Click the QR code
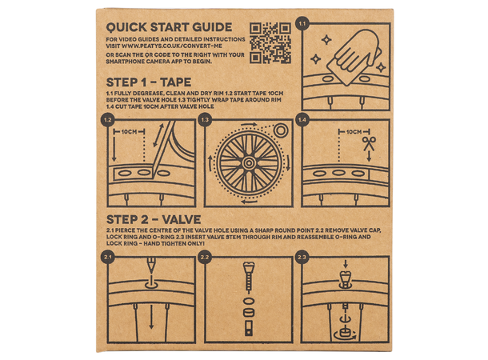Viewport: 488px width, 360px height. tap(270, 43)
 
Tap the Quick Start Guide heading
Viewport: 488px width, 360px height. tap(169, 27)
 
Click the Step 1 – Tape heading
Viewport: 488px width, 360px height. tap(149, 82)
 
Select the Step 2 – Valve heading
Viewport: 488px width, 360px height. tap(154, 220)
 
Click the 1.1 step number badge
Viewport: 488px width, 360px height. tap(302, 23)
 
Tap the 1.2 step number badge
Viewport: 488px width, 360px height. tap(108, 120)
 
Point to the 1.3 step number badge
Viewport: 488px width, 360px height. tap(205, 120)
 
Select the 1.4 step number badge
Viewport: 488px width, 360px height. tap(302, 120)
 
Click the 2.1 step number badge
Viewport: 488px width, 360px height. tap(108, 258)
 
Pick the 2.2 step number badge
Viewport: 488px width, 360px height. tap(205, 258)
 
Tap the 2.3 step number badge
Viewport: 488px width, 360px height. tap(302, 258)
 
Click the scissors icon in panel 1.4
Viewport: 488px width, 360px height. tap(369, 144)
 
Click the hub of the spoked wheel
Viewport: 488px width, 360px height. tap(249, 162)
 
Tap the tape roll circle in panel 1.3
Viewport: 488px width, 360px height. tap(281, 130)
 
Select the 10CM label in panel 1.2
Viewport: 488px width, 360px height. tap(129, 132)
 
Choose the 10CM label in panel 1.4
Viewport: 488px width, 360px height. tap(354, 132)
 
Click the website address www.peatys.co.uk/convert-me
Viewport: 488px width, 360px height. tap(172, 46)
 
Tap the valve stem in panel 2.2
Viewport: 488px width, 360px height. tap(248, 278)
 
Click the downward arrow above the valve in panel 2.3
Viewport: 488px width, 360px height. tap(345, 264)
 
